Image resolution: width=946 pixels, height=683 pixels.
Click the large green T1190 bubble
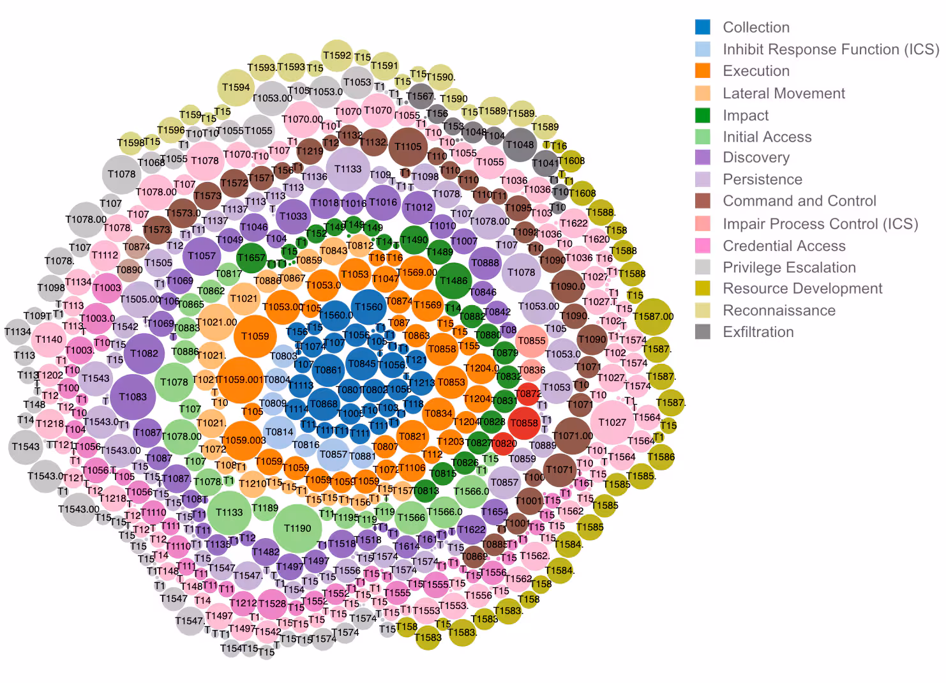(x=297, y=528)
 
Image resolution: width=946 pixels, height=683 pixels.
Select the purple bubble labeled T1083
(x=133, y=396)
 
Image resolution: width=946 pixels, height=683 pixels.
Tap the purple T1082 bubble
(x=144, y=353)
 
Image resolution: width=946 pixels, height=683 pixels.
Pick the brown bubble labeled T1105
(x=408, y=146)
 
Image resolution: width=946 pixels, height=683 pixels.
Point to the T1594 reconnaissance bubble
(x=236, y=87)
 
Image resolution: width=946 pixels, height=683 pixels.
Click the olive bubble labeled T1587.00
(x=653, y=316)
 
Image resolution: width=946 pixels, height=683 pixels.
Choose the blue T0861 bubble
(x=328, y=370)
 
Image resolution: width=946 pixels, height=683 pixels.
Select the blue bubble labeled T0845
(x=362, y=364)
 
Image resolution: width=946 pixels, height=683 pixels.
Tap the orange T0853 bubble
(x=451, y=382)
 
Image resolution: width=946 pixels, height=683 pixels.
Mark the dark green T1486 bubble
(x=453, y=280)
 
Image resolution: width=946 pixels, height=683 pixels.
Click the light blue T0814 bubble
(x=279, y=432)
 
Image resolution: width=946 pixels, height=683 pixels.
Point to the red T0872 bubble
(x=528, y=394)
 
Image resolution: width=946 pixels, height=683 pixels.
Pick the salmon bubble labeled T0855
(x=531, y=341)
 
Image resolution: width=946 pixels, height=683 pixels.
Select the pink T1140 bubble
(x=49, y=339)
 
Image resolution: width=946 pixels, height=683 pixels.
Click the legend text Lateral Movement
(x=783, y=93)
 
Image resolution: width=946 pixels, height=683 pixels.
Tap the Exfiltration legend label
(x=758, y=332)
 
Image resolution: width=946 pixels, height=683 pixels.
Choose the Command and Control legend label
(x=799, y=201)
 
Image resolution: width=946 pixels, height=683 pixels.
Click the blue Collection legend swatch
(x=702, y=27)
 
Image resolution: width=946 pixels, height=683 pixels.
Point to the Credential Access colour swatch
(x=702, y=246)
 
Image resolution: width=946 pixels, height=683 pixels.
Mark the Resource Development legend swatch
(x=702, y=289)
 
